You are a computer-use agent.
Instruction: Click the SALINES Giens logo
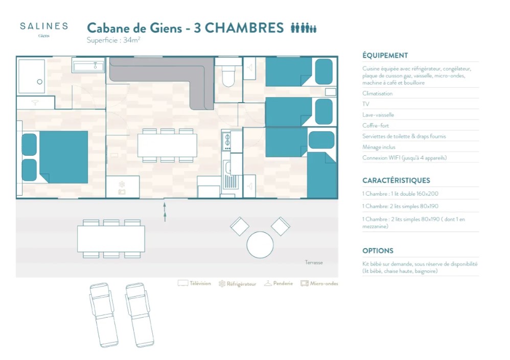(x=44, y=30)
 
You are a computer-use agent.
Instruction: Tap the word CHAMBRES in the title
(x=244, y=28)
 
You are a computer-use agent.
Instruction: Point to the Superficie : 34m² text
(x=113, y=40)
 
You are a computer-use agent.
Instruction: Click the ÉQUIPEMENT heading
(x=385, y=56)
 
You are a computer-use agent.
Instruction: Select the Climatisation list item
(x=377, y=93)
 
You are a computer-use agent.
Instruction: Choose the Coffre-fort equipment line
(x=375, y=126)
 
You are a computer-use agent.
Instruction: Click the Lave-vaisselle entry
(x=378, y=115)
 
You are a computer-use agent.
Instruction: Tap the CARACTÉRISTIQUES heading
(x=396, y=181)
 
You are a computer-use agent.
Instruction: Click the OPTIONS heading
(x=378, y=251)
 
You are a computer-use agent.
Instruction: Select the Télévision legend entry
(x=194, y=283)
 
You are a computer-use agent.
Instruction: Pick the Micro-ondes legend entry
(x=319, y=283)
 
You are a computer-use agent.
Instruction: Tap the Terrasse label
(x=314, y=262)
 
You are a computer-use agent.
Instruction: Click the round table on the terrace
(x=260, y=245)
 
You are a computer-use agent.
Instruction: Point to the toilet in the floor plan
(x=228, y=76)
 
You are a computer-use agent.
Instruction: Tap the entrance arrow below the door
(x=165, y=212)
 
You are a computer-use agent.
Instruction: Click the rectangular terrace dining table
(x=111, y=239)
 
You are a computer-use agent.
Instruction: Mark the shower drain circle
(x=40, y=82)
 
